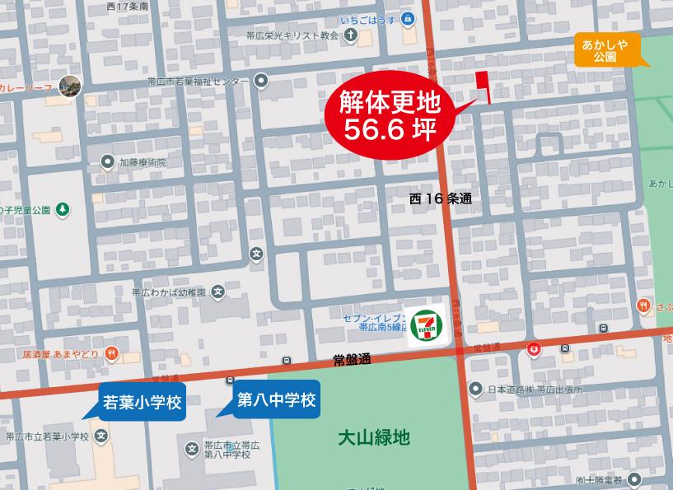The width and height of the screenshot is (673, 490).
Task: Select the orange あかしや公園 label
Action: [605, 51]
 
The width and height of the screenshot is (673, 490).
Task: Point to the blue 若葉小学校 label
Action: [141, 403]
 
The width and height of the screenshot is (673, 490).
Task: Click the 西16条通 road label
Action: [441, 198]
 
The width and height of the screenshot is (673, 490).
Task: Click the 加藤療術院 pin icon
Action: [107, 161]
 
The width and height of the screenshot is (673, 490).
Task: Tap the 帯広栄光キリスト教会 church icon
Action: [352, 36]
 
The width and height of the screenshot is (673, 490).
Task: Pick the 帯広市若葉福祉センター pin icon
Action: [261, 80]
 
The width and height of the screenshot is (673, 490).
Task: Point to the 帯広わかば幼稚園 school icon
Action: [217, 291]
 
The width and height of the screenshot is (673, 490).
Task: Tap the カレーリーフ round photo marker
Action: [69, 86]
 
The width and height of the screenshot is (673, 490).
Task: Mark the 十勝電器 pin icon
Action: [632, 480]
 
